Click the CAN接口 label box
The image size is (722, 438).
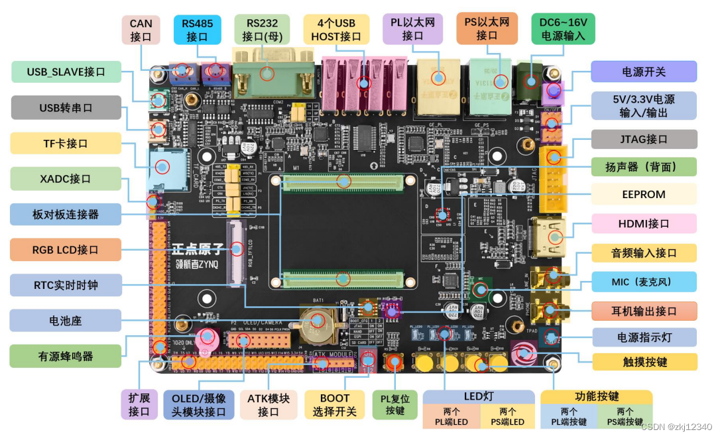[x=141, y=30]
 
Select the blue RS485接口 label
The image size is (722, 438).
[x=197, y=30]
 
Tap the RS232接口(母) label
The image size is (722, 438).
[x=262, y=30]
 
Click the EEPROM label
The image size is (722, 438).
[x=643, y=195]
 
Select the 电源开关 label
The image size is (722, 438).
[x=643, y=72]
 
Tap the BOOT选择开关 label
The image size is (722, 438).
[x=334, y=405]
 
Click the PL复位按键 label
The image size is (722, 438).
[x=394, y=405]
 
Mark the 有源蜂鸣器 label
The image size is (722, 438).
[x=65, y=356]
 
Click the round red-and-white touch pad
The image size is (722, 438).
[x=524, y=352]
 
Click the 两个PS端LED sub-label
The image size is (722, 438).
[x=507, y=417]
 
